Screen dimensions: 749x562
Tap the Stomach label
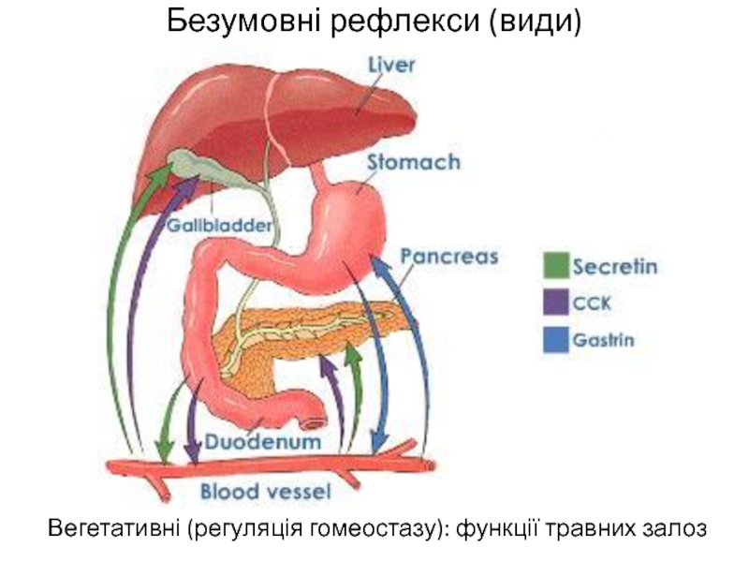click(414, 163)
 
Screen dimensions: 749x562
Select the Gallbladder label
click(220, 226)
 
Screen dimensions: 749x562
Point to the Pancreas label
click(449, 256)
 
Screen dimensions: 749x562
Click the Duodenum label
click(264, 439)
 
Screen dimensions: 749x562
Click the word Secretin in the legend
click(615, 267)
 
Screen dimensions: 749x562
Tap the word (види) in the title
click(532, 20)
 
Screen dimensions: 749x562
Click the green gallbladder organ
click(192, 166)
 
